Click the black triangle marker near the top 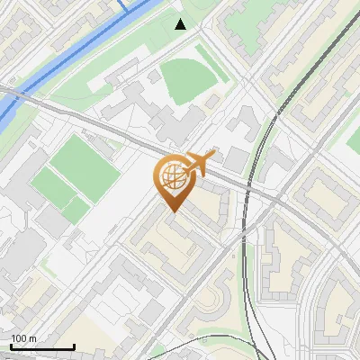tap(180, 24)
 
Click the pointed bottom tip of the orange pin tap(172, 211)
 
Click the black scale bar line tap(41, 347)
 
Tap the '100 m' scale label tap(23, 338)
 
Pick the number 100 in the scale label tap(19, 338)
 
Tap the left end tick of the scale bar tap(11, 346)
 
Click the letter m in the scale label tap(32, 338)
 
